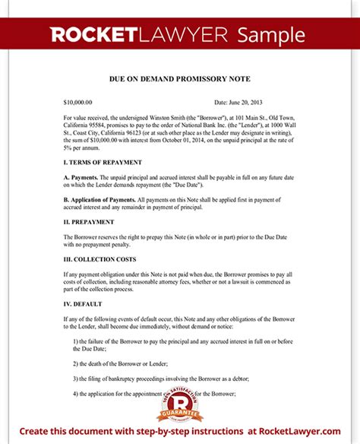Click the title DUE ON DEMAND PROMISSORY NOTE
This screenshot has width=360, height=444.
pyautogui.click(x=180, y=79)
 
